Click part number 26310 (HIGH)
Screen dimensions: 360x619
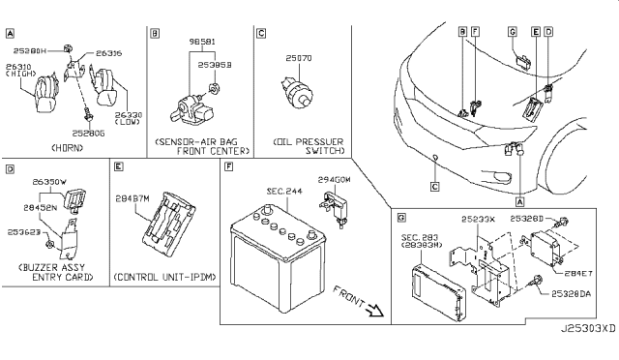tap(21, 71)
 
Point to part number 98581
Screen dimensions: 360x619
tap(202, 43)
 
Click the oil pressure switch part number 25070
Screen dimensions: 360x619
tap(297, 59)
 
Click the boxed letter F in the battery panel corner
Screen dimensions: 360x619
tap(227, 167)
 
